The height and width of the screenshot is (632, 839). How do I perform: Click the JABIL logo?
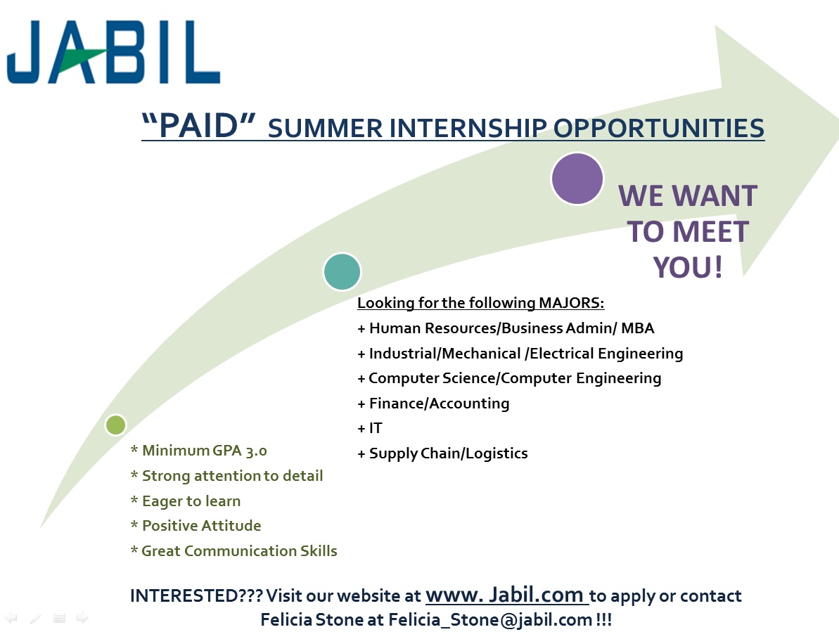click(x=113, y=53)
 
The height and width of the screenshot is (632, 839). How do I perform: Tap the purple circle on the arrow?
click(x=577, y=179)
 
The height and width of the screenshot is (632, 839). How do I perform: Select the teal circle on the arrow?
click(x=342, y=271)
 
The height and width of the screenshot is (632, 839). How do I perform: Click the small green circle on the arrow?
click(x=115, y=425)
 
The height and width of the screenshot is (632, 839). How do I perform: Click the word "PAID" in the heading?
click(x=198, y=126)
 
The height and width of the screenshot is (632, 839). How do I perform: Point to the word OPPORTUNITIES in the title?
click(x=658, y=129)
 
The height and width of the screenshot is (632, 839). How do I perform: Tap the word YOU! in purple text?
click(x=688, y=267)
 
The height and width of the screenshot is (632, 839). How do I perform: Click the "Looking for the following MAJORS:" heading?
click(x=480, y=302)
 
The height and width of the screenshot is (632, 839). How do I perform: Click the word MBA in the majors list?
click(x=638, y=328)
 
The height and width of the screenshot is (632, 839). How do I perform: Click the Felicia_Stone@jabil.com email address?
click(x=490, y=620)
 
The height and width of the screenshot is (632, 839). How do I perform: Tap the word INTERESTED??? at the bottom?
click(x=196, y=595)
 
